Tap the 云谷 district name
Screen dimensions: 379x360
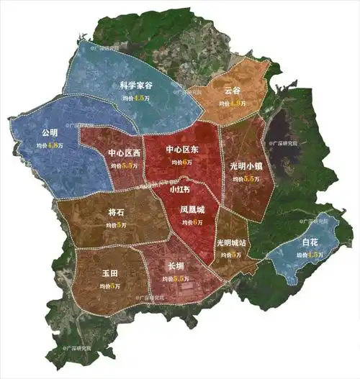tap(232, 91)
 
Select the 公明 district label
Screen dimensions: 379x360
tap(50, 133)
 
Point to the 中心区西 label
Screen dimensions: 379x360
tap(124, 153)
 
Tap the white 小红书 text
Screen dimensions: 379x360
tap(180, 190)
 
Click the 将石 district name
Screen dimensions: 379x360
tap(116, 213)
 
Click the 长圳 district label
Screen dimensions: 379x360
tap(176, 266)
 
